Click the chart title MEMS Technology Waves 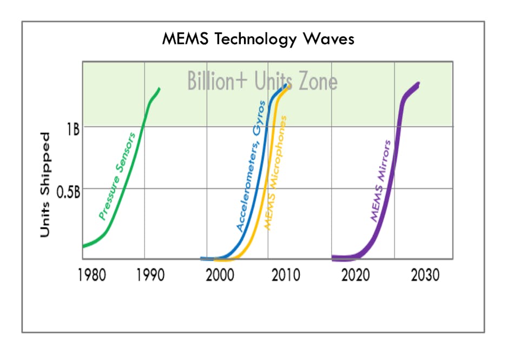point(258,40)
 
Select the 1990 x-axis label point(150,275)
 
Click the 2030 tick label point(425,275)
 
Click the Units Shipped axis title point(45,185)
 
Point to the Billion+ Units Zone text point(262,81)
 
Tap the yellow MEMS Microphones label point(275,172)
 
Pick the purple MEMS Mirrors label point(380,181)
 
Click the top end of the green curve point(159,88)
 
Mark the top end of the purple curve point(418,84)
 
